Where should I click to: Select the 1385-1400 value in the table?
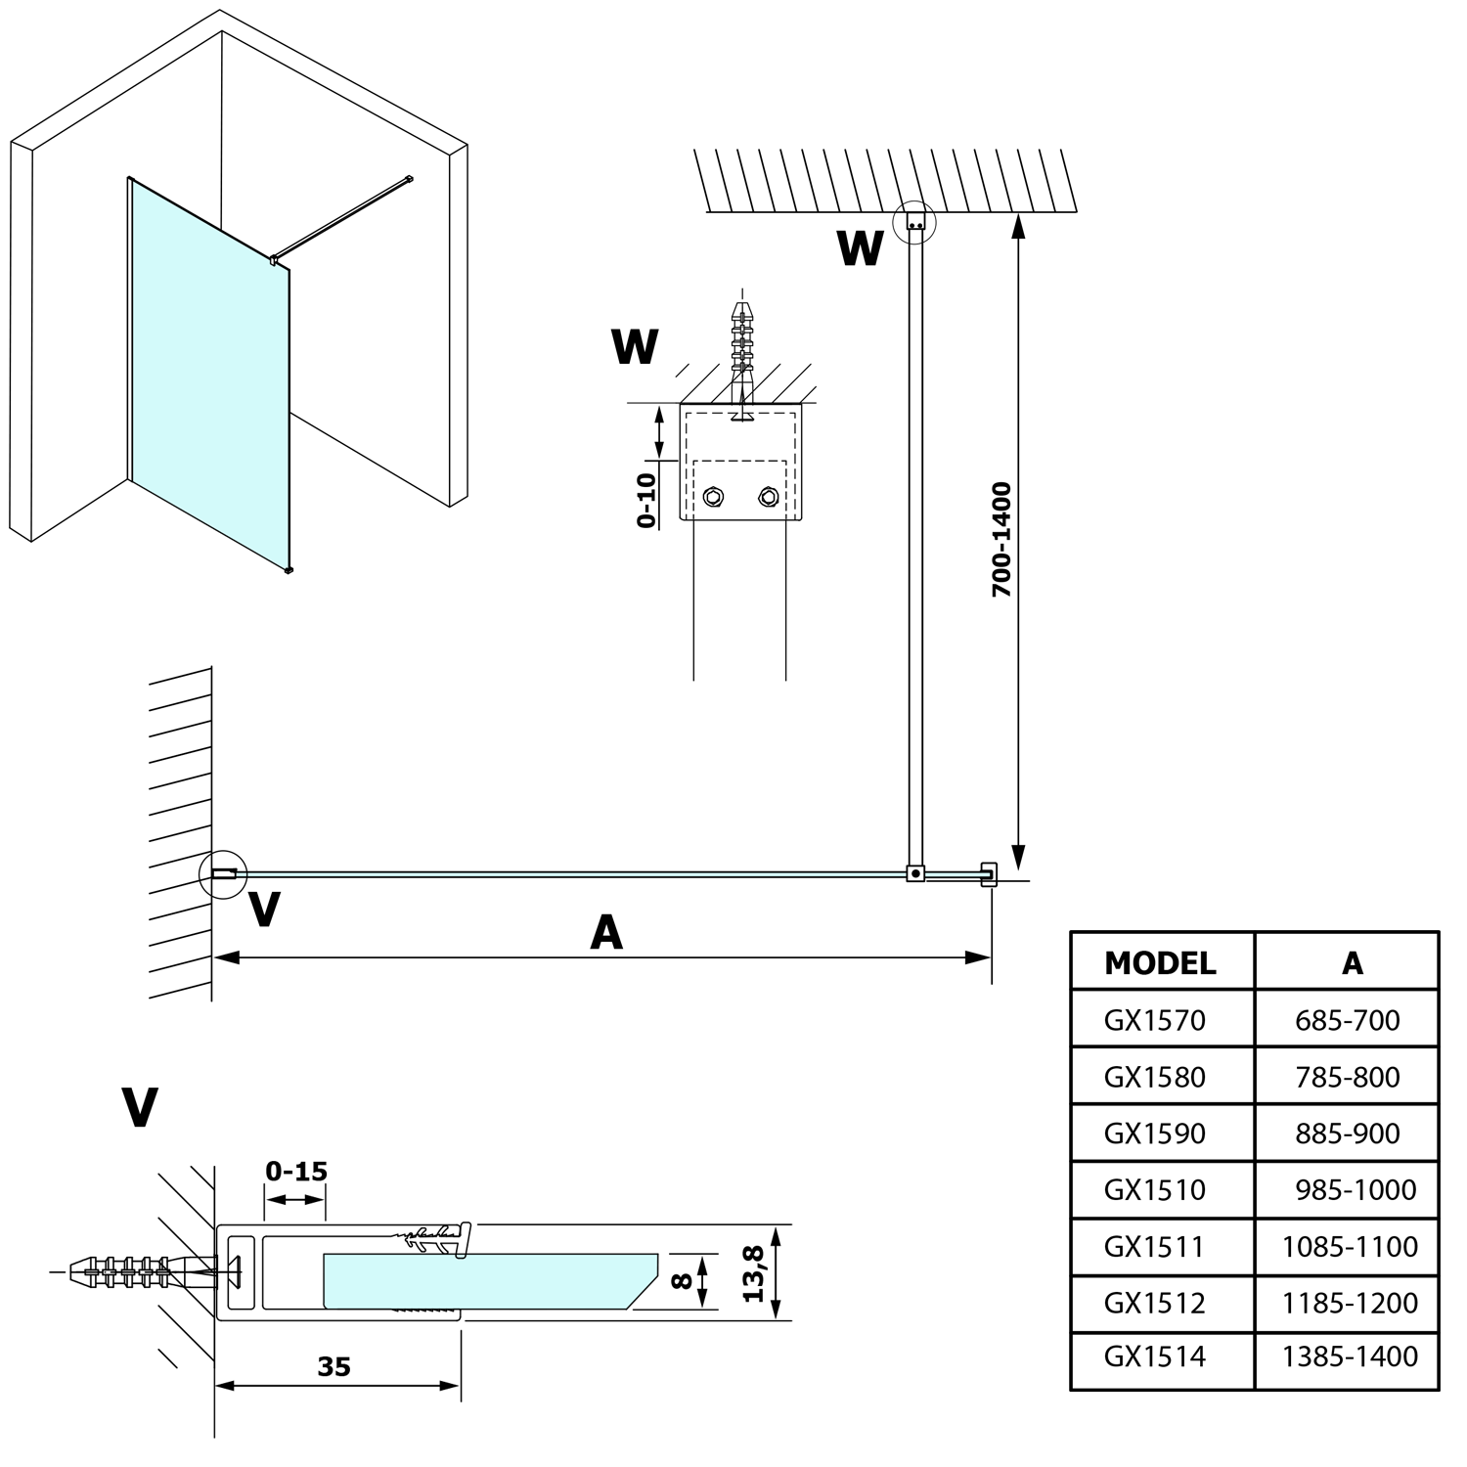(x=1350, y=1356)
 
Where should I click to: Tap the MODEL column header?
(x=1160, y=963)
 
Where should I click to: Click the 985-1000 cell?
(x=1355, y=1190)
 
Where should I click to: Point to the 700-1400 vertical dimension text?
(x=1001, y=540)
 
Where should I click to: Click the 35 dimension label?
(x=333, y=1366)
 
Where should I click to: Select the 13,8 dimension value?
(x=754, y=1272)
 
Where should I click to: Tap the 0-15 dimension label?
(x=296, y=1171)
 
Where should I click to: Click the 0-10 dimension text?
(x=646, y=500)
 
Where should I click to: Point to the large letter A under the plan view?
(x=606, y=933)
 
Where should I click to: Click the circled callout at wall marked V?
(x=223, y=873)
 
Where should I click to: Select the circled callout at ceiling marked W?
(x=915, y=223)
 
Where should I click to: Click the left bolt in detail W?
(x=713, y=498)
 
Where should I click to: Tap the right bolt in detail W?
(x=768, y=498)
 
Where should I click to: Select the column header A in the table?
(x=1352, y=963)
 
